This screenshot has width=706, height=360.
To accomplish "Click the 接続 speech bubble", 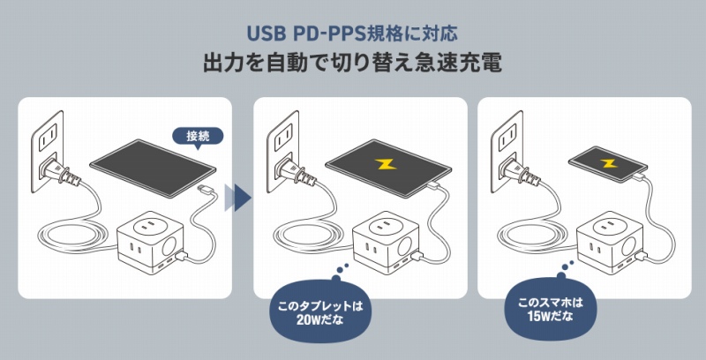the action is coord(198,137).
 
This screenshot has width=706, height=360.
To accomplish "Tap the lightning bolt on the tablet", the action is coord(387,165).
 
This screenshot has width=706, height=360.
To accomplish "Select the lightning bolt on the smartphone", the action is coord(608,162).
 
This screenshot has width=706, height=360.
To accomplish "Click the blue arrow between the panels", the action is coord(238,197).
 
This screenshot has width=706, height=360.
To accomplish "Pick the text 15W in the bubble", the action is coord(539,316).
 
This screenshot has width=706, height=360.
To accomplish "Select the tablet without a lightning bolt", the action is coord(153,168).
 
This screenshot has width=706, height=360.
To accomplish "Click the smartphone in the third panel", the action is coord(608,164).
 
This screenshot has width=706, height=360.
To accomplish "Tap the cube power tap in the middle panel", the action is coord(387,243).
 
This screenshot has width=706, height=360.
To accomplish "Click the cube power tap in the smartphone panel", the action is coord(610,243).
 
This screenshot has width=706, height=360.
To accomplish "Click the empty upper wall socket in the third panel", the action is coord(509,137).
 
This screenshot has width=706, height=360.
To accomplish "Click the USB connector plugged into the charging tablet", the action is coord(434,184).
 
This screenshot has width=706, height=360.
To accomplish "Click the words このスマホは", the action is coord(550,303).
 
